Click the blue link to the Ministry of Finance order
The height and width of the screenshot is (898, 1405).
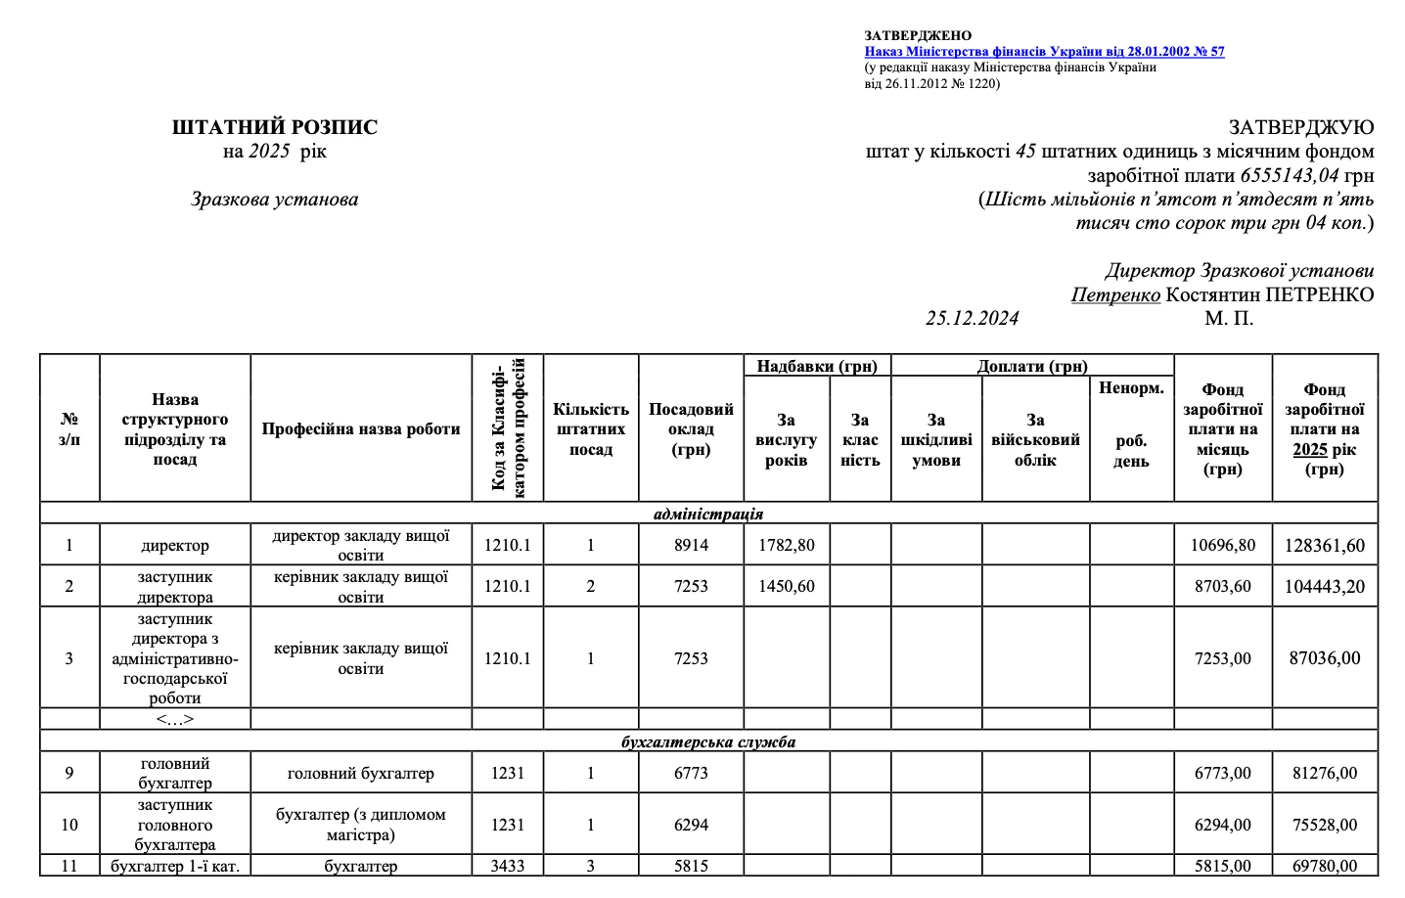pos(1044,52)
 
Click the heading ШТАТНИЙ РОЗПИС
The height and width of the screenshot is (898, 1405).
pos(275,127)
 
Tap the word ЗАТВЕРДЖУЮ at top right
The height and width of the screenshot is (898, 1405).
pos(1301,127)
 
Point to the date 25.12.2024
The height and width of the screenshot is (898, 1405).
pos(972,318)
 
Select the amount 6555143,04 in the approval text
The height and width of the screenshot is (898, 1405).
pos(1290,176)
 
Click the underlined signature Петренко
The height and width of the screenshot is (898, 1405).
pos(1115,294)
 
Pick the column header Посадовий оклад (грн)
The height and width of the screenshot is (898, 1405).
pos(691,429)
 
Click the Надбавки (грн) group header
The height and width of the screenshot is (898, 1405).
pos(817,366)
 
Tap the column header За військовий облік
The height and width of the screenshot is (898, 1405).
pos(1035,440)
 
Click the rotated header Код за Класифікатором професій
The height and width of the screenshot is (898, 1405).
pos(508,428)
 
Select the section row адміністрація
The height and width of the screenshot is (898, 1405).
pos(708,514)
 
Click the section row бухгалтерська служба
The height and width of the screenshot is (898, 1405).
pos(708,741)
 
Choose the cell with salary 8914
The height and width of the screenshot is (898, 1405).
pos(691,545)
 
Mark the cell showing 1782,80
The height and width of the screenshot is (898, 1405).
pos(787,545)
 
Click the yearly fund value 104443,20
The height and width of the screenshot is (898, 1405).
pos(1325,587)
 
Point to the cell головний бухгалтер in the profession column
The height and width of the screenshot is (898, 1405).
pos(360,773)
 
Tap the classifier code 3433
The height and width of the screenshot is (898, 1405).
pos(508,866)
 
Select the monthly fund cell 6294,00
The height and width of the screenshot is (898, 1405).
pos(1223,825)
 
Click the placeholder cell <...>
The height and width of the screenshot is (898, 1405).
pos(175,719)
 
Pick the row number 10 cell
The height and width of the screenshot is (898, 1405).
pos(69,825)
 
